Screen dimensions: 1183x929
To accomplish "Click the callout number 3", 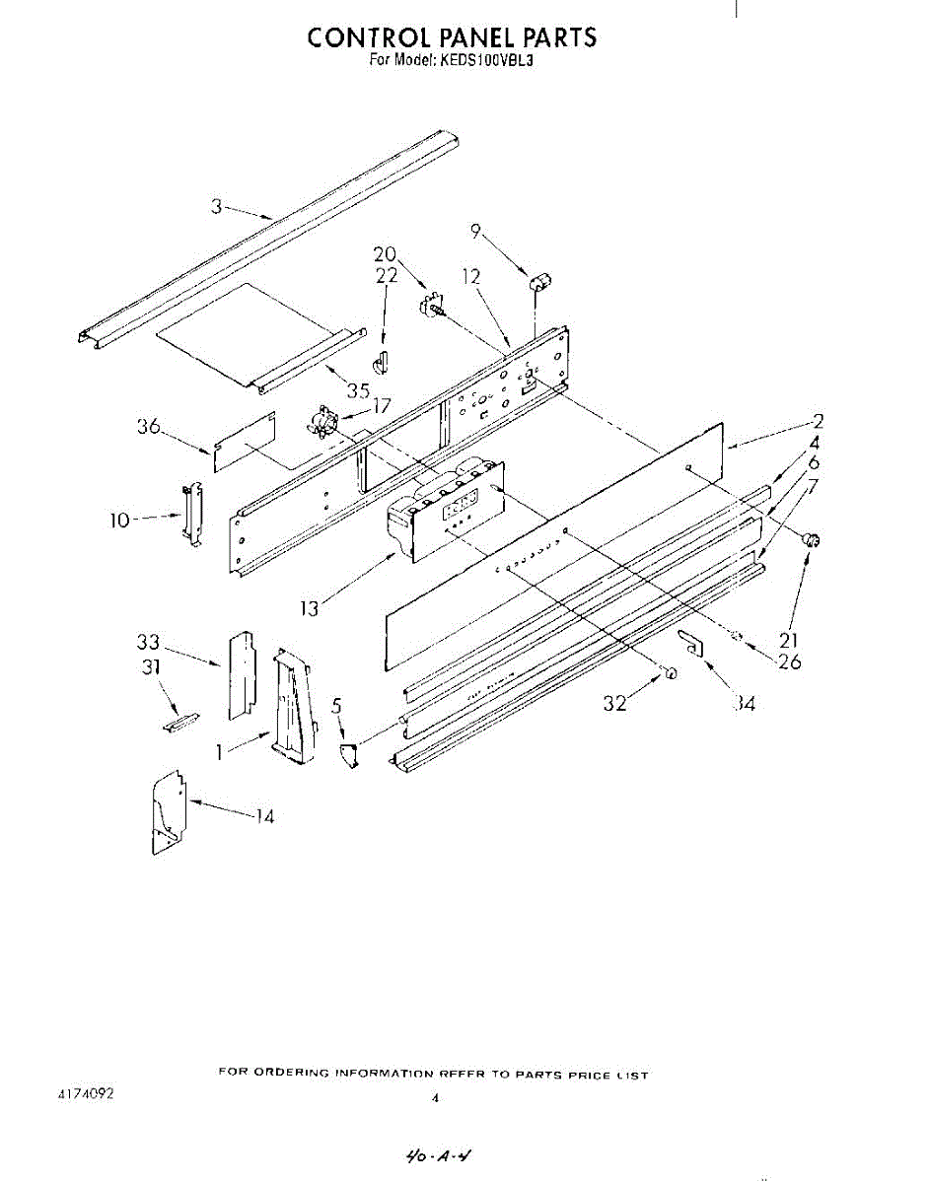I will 216,206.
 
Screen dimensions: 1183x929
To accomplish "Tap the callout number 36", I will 149,427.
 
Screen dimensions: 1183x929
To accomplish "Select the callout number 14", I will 263,816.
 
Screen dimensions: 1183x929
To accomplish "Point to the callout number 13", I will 310,609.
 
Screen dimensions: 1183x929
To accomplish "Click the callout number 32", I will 614,703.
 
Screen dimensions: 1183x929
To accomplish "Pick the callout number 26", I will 789,661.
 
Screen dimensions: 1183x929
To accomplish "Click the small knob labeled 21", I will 813,539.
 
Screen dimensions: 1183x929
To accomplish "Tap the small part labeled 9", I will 538,283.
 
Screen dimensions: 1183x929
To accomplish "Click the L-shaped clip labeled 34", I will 692,643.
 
